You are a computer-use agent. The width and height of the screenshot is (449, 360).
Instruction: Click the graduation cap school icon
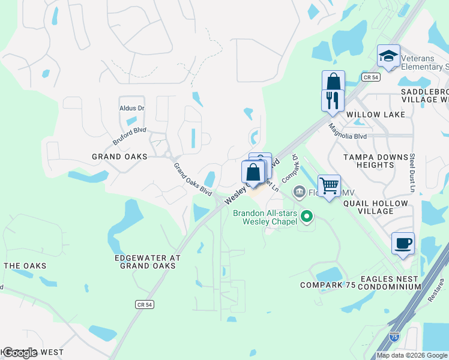(388, 57)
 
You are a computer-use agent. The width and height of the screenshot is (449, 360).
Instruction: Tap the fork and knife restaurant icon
(333, 100)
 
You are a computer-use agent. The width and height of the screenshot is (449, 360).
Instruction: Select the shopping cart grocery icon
(329, 186)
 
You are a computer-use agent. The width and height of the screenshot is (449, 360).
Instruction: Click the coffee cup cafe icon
(403, 244)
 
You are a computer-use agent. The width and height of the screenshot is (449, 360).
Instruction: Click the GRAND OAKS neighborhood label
(119, 157)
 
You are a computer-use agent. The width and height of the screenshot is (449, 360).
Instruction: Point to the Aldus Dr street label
(132, 108)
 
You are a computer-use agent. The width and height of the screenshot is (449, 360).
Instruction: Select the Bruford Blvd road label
(129, 134)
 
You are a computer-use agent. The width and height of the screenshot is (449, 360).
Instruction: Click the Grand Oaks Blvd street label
(193, 179)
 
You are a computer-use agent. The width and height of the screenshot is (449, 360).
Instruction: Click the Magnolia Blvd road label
(347, 131)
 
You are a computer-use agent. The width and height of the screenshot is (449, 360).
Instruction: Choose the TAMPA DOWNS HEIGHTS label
(376, 161)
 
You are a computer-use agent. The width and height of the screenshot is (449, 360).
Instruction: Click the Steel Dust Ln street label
(412, 172)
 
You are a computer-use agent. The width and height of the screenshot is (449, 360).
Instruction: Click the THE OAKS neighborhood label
(25, 266)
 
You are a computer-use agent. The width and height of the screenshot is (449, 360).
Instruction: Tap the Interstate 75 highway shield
(394, 337)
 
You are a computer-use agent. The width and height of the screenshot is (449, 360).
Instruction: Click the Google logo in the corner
(20, 353)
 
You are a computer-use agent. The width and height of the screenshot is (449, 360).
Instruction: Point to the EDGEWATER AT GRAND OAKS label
(147, 261)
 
